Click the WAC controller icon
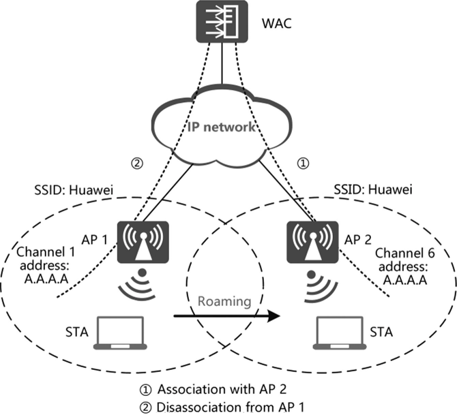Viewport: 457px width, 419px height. tap(222, 21)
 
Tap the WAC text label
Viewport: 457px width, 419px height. tap(277, 23)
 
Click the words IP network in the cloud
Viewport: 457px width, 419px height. tap(222, 127)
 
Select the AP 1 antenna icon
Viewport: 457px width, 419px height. tap(143, 243)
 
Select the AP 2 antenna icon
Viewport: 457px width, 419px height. tap(312, 243)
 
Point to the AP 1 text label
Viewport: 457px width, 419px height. tap(94, 240)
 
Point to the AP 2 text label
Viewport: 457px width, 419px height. tap(358, 240)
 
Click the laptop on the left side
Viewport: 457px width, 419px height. tap(120, 332)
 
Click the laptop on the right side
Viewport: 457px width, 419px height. tap(340, 332)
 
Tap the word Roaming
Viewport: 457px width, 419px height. tap(224, 301)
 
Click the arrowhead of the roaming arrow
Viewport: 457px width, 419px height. tap(274, 316)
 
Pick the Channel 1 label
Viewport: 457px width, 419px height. tap(46, 252)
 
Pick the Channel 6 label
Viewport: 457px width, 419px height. tap(405, 253)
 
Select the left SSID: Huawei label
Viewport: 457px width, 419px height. tap(74, 190)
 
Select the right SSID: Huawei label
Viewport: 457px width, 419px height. tap(373, 189)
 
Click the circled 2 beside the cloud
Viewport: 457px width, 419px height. tap(137, 164)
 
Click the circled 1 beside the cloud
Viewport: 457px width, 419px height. tap(303, 164)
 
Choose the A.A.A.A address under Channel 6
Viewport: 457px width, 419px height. tap(405, 280)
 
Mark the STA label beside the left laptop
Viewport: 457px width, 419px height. tap(77, 332)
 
